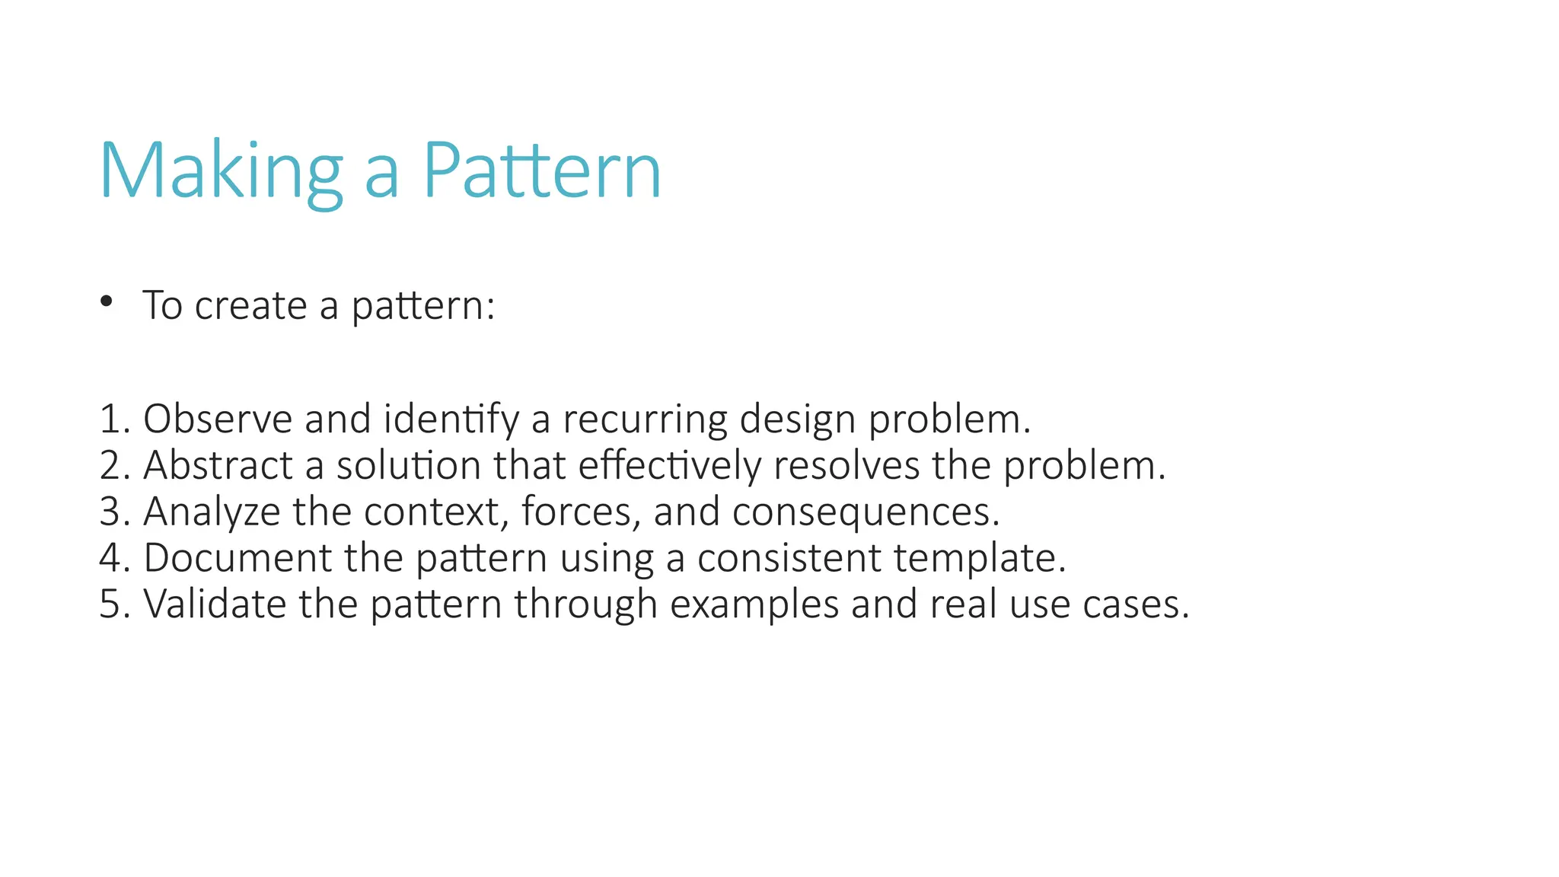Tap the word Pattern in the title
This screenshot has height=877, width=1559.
pyautogui.click(x=541, y=171)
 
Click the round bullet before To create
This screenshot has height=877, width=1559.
pyautogui.click(x=107, y=301)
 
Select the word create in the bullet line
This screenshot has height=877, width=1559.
pyautogui.click(x=250, y=306)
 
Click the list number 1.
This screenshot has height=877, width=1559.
pyautogui.click(x=110, y=419)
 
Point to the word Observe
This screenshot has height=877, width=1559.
pyautogui.click(x=218, y=419)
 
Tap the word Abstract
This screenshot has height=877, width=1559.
pyautogui.click(x=218, y=465)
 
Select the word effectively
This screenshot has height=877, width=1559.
pyautogui.click(x=669, y=465)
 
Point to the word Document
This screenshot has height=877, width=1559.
pyautogui.click(x=237, y=558)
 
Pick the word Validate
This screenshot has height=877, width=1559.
pyautogui.click(x=214, y=604)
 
